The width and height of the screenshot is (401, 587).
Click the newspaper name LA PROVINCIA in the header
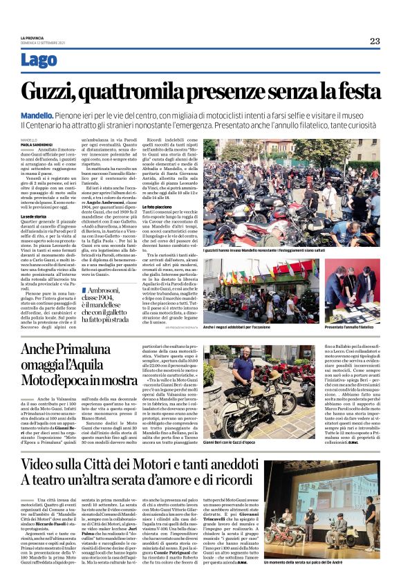[x=34, y=37]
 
